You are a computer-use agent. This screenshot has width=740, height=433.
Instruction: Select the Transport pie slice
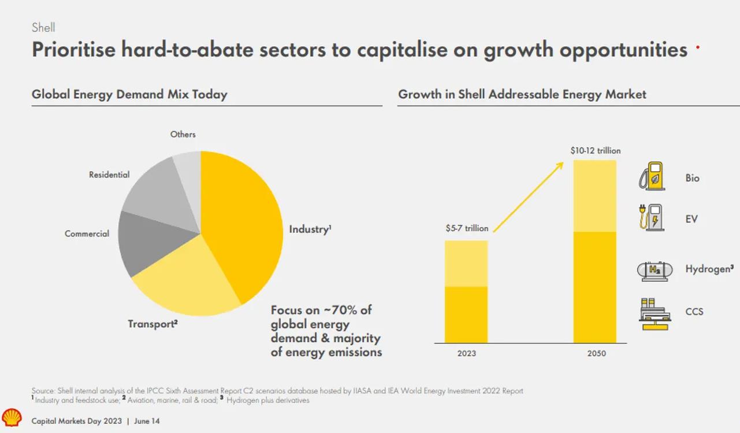point(185,283)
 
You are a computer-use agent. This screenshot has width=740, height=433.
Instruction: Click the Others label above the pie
point(183,134)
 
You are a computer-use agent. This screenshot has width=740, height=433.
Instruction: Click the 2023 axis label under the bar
point(466,353)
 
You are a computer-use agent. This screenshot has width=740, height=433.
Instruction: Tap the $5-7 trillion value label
point(467,228)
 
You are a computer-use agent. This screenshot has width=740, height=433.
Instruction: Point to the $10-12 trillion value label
point(595,151)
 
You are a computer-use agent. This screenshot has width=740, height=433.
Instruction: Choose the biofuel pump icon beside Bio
point(652,176)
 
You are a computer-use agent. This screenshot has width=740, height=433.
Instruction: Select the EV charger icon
point(652,218)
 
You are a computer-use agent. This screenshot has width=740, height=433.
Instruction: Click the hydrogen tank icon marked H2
point(655,269)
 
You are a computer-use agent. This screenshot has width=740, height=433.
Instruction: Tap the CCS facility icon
point(655,313)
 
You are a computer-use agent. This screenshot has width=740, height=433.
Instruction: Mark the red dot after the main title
point(698,49)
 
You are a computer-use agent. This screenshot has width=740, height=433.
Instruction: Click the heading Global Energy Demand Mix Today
point(129,94)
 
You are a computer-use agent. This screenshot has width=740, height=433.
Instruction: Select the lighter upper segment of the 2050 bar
point(595,195)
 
